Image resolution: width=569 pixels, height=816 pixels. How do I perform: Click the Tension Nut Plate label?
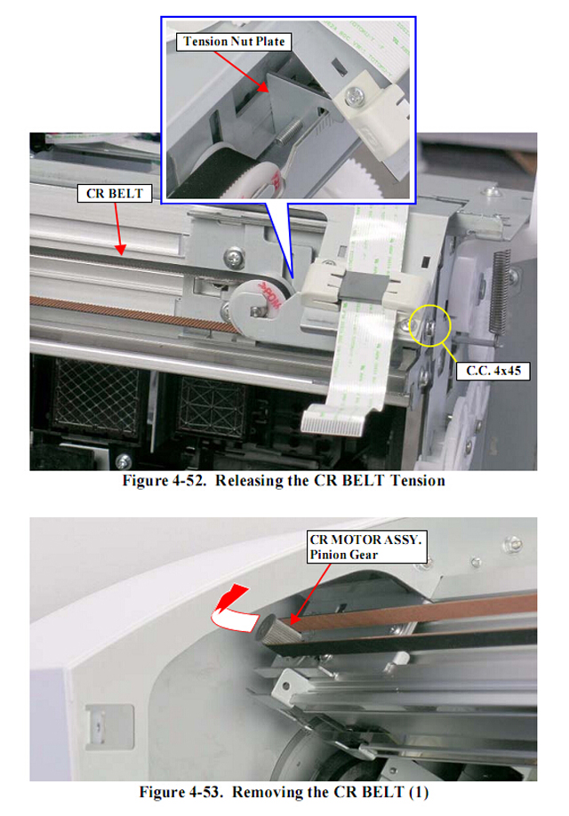click(234, 42)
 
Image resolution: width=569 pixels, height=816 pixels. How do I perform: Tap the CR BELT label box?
click(115, 194)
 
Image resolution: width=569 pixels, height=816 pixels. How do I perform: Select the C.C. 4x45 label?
click(493, 371)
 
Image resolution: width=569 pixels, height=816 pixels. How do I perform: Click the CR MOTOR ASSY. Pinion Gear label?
click(366, 547)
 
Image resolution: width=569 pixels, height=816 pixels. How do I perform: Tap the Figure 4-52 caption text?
click(284, 480)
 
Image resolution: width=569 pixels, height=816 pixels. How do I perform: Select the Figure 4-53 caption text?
click(284, 792)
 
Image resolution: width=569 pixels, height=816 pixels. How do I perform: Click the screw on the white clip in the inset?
click(357, 95)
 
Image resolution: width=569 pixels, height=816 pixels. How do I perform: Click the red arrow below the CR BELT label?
click(118, 229)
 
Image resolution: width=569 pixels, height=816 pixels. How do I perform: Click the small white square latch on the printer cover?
click(109, 727)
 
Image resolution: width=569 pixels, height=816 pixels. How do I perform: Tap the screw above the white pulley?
click(234, 257)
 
